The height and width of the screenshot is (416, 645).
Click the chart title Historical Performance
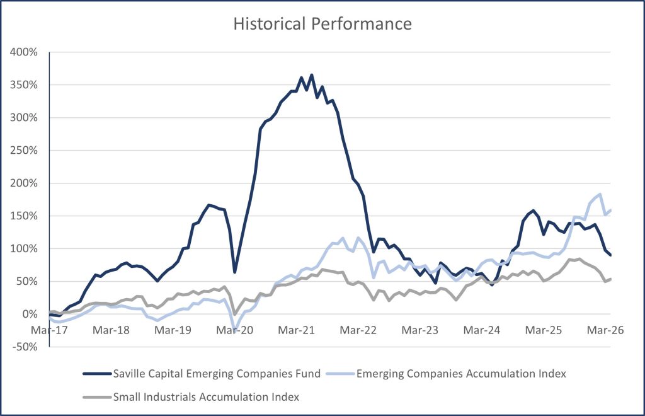(x=322, y=24)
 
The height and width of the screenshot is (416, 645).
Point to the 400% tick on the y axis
(x=25, y=52)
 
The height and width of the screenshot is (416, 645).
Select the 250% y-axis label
(x=25, y=151)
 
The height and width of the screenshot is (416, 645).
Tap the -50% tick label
(x=25, y=347)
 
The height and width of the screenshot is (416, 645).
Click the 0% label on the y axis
(x=30, y=315)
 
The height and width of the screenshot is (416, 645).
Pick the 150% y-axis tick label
(x=25, y=216)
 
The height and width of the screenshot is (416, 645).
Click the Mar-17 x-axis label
(x=49, y=330)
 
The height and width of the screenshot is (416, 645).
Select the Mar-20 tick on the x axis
(x=234, y=330)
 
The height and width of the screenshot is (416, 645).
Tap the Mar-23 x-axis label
(x=420, y=330)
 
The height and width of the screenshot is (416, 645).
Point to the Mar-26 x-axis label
(x=605, y=330)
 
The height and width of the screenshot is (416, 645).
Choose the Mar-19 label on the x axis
(x=173, y=330)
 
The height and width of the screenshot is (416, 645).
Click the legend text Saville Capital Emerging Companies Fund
(x=217, y=374)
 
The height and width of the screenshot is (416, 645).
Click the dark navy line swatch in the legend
(x=97, y=374)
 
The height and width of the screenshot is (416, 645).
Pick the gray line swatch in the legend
(x=97, y=397)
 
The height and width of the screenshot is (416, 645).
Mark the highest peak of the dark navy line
(x=311, y=75)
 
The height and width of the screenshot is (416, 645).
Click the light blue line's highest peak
(x=600, y=194)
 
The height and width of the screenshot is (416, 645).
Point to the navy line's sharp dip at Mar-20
(x=234, y=272)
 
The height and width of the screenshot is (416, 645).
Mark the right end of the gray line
(x=610, y=279)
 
